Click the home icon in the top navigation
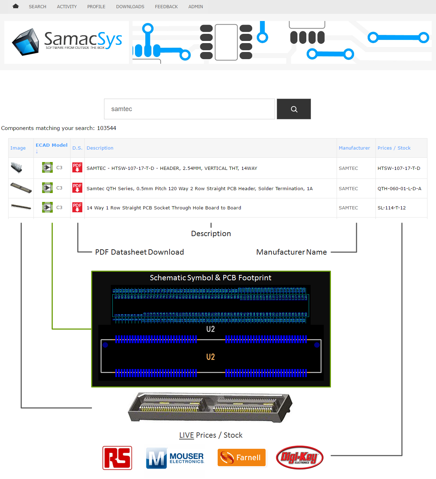pyautogui.click(x=15, y=6)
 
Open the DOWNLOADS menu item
pyautogui.click(x=130, y=7)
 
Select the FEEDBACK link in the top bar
pyautogui.click(x=166, y=7)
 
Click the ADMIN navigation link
pyautogui.click(x=196, y=7)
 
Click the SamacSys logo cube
pyautogui.click(x=26, y=42)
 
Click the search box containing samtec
pyautogui.click(x=189, y=109)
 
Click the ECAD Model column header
pyautogui.click(x=51, y=145)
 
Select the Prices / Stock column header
pyautogui.click(x=394, y=148)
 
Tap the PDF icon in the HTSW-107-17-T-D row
pyautogui.click(x=77, y=168)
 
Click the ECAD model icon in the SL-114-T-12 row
pyautogui.click(x=47, y=207)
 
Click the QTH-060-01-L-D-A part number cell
pyautogui.click(x=399, y=189)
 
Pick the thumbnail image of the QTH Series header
pyautogui.click(x=21, y=188)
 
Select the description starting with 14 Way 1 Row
pyautogui.click(x=163, y=208)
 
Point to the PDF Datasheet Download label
pyautogui.click(x=139, y=252)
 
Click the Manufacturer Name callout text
pyautogui.click(x=291, y=252)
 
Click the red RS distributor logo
pyautogui.click(x=117, y=458)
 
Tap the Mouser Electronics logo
pyautogui.click(x=175, y=458)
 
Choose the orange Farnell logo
pyautogui.click(x=242, y=458)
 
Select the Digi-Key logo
pyautogui.click(x=300, y=458)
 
